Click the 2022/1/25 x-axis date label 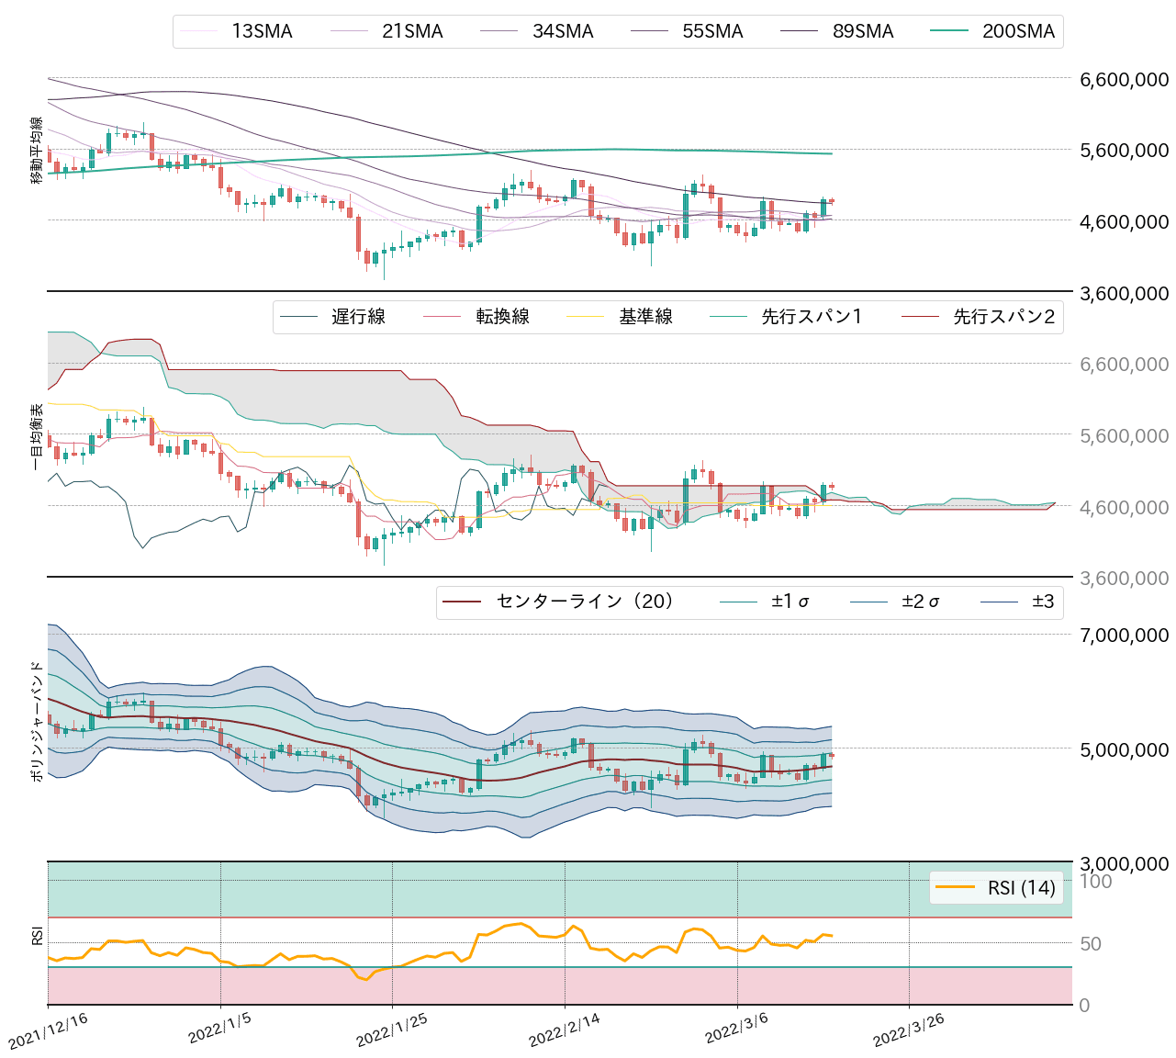[x=393, y=1030]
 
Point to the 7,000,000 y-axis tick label [x=1124, y=635]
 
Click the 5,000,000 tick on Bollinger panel [x=1124, y=749]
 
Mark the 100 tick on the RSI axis [x=1095, y=882]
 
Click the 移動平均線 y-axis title [x=37, y=151]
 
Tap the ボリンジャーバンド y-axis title [x=37, y=721]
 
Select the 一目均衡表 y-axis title [x=37, y=437]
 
